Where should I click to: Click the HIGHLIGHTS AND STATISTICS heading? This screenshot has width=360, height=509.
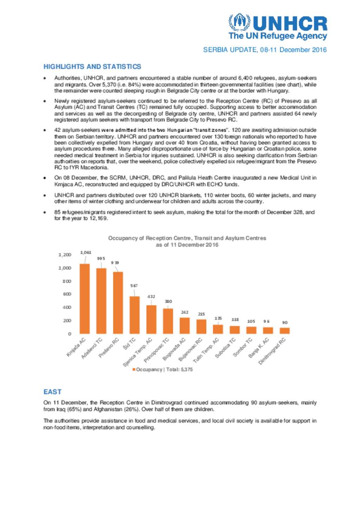(x=92, y=67)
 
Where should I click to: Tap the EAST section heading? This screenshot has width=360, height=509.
(x=52, y=392)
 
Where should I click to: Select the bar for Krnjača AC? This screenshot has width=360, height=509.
(x=84, y=299)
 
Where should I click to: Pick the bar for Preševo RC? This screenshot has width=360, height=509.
(x=118, y=302)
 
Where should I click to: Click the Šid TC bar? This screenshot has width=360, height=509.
(x=134, y=315)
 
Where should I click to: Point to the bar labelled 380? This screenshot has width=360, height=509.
(x=168, y=321)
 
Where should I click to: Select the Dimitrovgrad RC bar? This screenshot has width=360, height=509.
(x=284, y=331)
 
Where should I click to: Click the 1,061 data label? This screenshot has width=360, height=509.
(x=85, y=253)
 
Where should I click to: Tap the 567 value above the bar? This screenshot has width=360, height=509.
(x=134, y=286)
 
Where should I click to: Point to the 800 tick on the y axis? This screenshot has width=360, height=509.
(x=67, y=281)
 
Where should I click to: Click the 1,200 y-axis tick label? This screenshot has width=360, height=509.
(x=65, y=255)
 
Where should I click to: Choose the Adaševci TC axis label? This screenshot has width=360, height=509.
(x=92, y=348)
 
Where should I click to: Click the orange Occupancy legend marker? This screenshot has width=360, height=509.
(x=134, y=370)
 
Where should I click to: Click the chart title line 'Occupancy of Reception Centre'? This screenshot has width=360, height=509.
(x=187, y=238)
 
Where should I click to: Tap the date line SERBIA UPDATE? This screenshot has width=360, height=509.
(x=265, y=50)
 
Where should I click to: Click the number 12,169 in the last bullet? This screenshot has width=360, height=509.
(x=98, y=218)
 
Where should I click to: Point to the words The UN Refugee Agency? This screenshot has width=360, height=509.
(x=278, y=36)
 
